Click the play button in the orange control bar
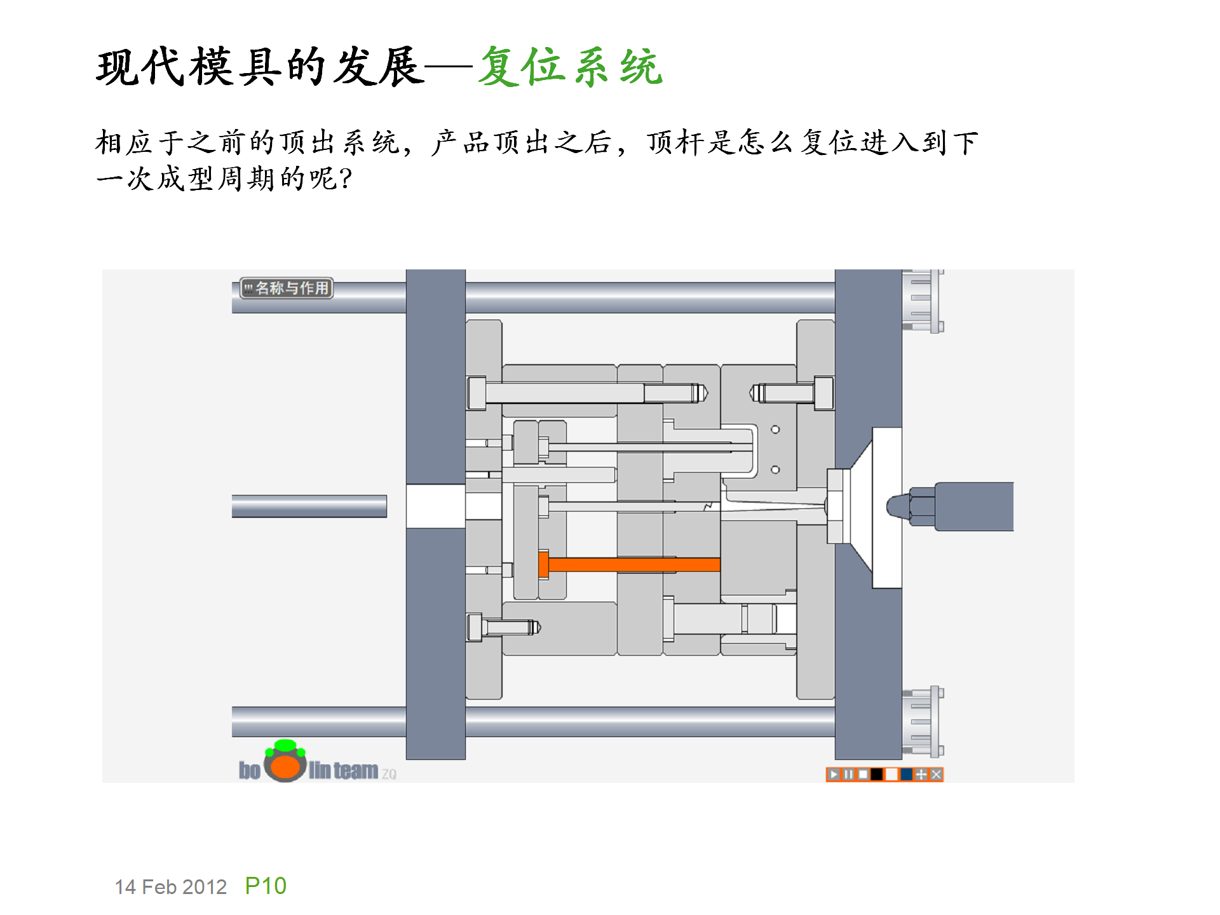coord(834,774)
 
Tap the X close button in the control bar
coord(936,774)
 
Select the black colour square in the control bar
coord(878,774)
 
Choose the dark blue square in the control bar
coord(907,774)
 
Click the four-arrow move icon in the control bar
coord(921,774)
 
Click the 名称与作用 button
coord(287,288)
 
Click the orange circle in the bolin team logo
coord(285,766)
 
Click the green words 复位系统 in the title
coord(570,67)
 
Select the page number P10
coord(266,886)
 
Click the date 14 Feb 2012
coord(170,887)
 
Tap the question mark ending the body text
coord(346,179)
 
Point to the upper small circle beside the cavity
coord(775,430)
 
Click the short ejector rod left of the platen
coord(309,506)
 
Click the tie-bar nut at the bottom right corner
coord(923,722)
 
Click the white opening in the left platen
coord(436,506)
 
